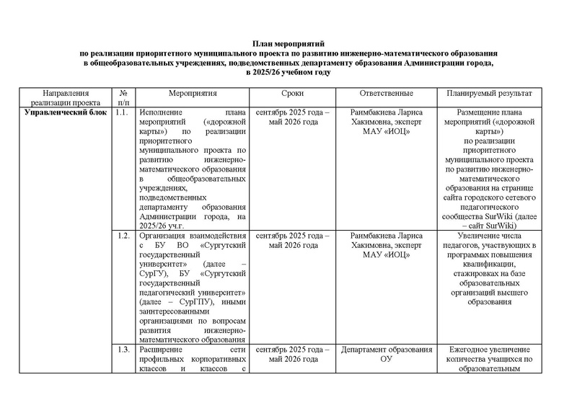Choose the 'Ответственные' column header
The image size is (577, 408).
(386, 94)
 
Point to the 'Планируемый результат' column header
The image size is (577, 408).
(489, 94)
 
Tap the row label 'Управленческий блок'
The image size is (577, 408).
(66, 112)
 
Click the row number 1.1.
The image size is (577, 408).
(123, 112)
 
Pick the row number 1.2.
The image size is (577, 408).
(123, 236)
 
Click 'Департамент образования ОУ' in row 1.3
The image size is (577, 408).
(386, 355)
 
